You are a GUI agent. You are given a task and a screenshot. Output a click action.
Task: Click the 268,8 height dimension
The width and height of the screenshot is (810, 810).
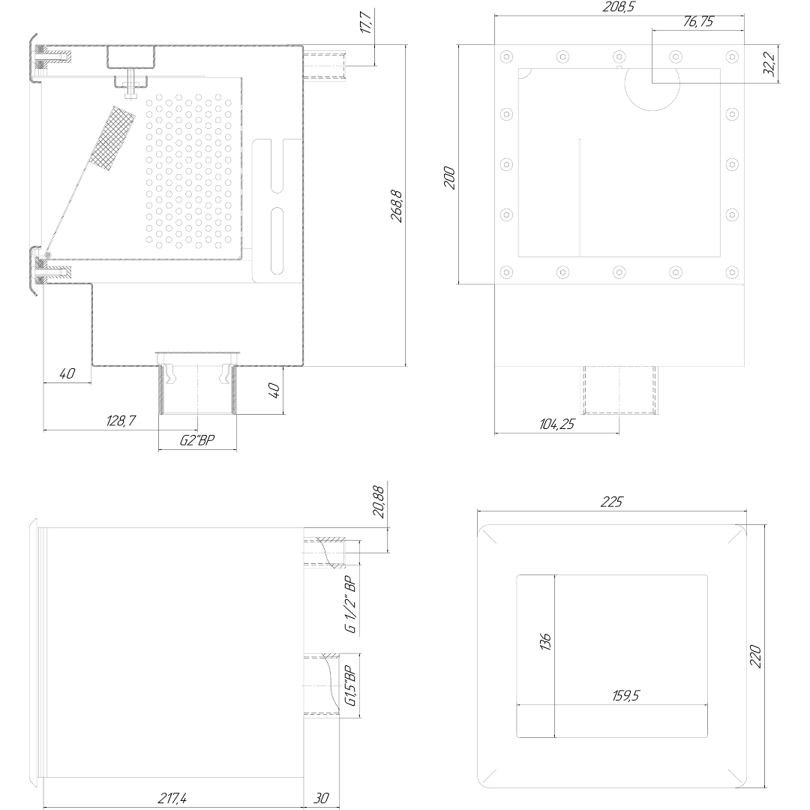click(396, 206)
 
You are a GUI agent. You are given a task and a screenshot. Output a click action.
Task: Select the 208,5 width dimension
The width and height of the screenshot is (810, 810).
click(619, 7)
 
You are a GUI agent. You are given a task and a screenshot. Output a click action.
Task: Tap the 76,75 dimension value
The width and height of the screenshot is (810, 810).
click(698, 22)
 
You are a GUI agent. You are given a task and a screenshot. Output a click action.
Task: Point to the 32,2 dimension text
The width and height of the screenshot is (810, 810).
click(769, 64)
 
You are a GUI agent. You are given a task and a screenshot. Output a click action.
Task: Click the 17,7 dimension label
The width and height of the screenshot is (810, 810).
click(366, 22)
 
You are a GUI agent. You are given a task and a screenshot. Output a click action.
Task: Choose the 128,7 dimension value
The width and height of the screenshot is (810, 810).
click(121, 421)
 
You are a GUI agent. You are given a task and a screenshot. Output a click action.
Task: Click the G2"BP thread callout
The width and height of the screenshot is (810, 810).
click(197, 440)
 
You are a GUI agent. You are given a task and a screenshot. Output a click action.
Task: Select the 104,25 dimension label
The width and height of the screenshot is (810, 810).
click(556, 424)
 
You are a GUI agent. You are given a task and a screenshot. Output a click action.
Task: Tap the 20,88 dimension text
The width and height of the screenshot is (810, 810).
click(378, 502)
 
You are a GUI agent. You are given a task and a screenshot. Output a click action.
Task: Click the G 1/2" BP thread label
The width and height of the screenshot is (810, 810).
click(351, 604)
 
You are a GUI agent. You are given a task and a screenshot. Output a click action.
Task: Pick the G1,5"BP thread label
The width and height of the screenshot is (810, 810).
click(350, 686)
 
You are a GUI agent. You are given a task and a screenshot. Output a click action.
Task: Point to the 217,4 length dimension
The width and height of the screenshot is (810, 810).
click(172, 798)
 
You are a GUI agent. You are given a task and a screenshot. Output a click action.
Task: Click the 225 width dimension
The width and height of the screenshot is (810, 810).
click(612, 502)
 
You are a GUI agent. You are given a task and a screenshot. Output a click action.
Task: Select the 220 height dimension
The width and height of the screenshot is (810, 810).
click(755, 656)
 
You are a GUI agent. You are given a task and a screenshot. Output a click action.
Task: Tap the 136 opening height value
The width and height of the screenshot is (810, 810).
click(545, 641)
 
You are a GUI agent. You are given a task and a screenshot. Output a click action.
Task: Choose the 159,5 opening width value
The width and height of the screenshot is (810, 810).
click(625, 695)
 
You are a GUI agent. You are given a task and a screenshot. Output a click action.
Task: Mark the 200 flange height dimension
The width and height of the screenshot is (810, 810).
click(450, 178)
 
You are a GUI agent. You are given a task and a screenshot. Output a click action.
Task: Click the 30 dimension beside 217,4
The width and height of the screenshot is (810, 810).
click(321, 798)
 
